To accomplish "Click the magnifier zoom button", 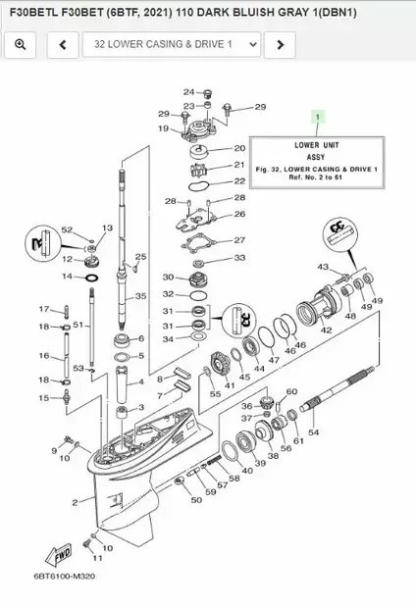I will click(21, 44).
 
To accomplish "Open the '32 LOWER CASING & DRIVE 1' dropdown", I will click(172, 44).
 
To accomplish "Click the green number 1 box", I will click(316, 117).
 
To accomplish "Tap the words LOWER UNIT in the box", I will click(317, 144).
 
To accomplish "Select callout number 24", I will click(188, 92).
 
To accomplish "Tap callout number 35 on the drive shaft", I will click(140, 295).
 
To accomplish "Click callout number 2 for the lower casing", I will click(75, 502).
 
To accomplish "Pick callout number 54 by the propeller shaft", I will click(313, 431).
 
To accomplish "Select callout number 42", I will click(327, 330).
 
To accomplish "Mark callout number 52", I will click(67, 229).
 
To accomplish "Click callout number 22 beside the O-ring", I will click(239, 182).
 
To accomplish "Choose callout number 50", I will click(196, 499).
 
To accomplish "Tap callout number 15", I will click(43, 397).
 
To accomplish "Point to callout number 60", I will click(291, 391).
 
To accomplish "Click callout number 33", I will click(238, 258).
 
